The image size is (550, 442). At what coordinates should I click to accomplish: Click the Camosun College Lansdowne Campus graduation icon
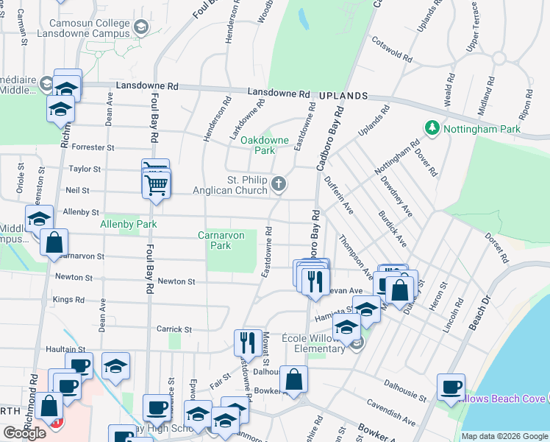(141, 28)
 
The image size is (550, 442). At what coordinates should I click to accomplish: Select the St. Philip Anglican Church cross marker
(279, 183)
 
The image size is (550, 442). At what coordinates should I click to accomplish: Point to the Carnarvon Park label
(215, 240)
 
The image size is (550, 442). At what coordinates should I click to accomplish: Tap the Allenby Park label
(129, 223)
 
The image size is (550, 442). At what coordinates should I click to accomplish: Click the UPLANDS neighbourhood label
(343, 96)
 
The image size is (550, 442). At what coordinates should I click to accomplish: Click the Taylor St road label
(85, 169)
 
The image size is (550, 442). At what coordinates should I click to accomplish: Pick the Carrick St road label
(173, 329)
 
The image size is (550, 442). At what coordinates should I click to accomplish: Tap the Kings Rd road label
(68, 300)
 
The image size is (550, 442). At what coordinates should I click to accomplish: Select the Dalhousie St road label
(407, 390)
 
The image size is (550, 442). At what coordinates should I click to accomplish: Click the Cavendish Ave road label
(391, 413)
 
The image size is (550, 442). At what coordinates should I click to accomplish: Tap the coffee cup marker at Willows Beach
(451, 386)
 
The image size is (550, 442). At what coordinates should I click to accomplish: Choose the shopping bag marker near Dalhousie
(293, 379)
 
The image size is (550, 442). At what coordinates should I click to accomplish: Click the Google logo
(24, 433)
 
